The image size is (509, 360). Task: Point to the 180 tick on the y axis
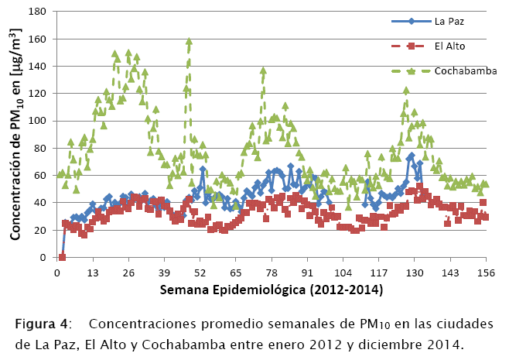39,12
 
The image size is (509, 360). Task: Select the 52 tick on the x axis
200,273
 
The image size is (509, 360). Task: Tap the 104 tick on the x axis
343,273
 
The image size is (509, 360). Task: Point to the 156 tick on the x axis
486,273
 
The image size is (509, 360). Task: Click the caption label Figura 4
39,323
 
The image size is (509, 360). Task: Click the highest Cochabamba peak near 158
190,42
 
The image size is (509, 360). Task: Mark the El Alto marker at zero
62,257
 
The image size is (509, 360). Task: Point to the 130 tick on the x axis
415,273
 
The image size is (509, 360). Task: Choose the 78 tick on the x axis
272,273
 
